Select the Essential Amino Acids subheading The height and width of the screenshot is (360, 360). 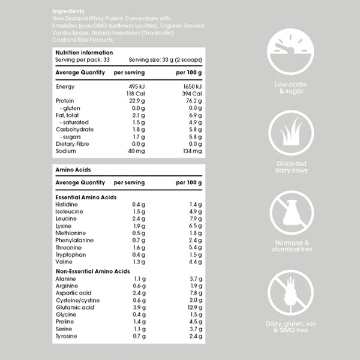[x=85, y=197]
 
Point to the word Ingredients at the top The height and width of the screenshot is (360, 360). [x=68, y=11]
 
